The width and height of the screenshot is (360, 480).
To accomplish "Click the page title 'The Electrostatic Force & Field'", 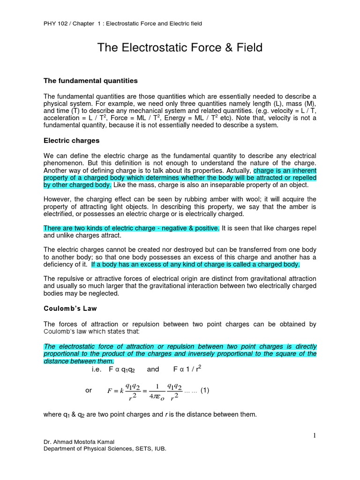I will tap(180, 47).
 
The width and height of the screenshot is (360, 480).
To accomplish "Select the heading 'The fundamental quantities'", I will tap(90, 81).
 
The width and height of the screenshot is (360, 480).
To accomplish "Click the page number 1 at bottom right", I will tap(315, 436).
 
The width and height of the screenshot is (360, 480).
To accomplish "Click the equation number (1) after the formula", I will tap(204, 390).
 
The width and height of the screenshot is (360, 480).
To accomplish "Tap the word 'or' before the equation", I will tap(89, 390).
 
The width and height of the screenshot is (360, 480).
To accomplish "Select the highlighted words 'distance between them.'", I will tap(79, 361).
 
